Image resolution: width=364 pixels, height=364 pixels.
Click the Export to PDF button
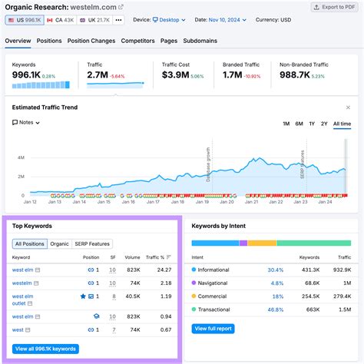[x=333, y=7]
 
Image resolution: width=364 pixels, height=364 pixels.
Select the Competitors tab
[x=138, y=41]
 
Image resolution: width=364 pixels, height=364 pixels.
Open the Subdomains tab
[x=200, y=41]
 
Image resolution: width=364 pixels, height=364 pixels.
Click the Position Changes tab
[x=91, y=41]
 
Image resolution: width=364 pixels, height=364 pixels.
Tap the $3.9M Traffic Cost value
[x=178, y=74]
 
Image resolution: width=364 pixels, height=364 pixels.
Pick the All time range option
[x=342, y=123]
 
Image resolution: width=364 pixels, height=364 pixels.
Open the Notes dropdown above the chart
[x=27, y=123]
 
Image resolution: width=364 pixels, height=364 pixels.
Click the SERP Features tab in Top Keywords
[x=92, y=243]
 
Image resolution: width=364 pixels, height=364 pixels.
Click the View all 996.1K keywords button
[x=46, y=349]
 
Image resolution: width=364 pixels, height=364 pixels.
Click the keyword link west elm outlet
[x=22, y=299]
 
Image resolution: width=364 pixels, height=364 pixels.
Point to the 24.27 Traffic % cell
[x=164, y=270]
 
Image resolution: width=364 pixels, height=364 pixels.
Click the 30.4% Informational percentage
[x=275, y=270]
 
